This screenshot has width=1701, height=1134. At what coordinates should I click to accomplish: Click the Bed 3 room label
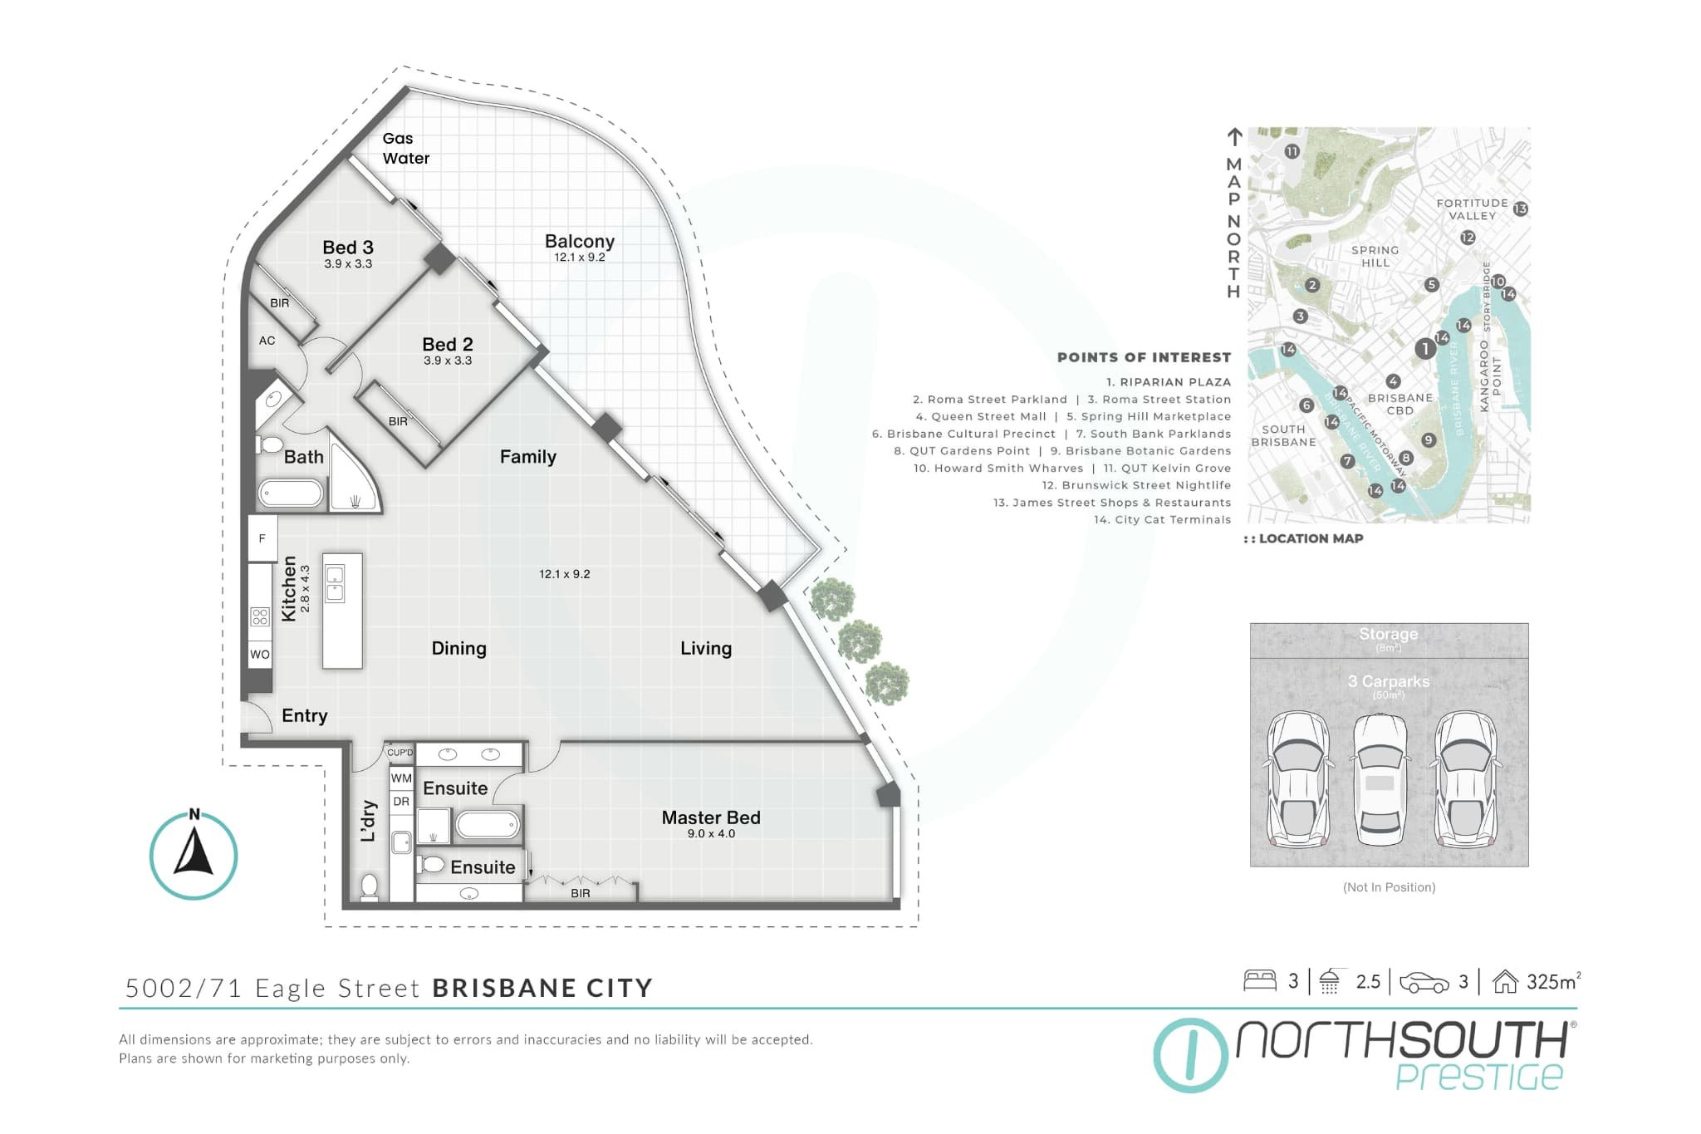[347, 248]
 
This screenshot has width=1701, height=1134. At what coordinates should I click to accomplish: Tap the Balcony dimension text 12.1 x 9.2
[580, 258]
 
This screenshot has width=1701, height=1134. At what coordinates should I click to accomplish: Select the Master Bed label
[711, 817]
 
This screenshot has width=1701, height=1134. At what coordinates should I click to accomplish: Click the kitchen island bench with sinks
[342, 611]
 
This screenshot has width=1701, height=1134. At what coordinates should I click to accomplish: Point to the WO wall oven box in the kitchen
[260, 655]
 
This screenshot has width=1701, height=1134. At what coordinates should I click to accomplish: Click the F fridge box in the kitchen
[262, 538]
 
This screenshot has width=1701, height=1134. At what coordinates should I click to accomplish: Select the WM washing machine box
[401, 778]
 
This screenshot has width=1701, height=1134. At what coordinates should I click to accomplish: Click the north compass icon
[194, 856]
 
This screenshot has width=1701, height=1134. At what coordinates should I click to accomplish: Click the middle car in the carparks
[1380, 781]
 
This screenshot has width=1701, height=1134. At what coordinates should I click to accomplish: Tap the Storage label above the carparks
[1388, 634]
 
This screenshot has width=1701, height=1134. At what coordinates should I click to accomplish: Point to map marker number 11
[1292, 152]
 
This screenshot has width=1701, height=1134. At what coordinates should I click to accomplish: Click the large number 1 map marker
[1425, 349]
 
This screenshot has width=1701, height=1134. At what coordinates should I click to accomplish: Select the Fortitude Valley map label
[1472, 209]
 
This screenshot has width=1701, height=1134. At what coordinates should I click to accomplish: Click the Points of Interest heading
[1144, 357]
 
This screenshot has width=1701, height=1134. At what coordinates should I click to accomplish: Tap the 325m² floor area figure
[1552, 982]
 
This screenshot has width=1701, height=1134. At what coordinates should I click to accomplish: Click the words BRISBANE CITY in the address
[542, 988]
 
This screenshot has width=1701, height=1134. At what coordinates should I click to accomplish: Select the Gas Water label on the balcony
[405, 149]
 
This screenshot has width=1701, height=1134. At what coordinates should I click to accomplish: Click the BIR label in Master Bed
[580, 893]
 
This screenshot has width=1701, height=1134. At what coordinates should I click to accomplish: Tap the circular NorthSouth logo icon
[1190, 1055]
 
